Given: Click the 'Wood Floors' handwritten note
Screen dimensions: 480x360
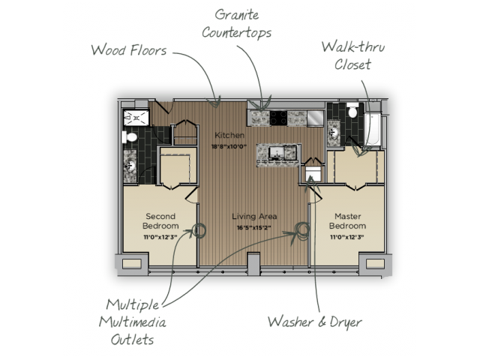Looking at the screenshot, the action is point(129,50).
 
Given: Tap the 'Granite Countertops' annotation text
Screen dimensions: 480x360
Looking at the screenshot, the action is point(237,24).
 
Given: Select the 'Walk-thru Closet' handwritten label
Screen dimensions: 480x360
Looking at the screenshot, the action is point(353,55).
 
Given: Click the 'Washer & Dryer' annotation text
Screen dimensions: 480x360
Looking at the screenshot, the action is point(315,322).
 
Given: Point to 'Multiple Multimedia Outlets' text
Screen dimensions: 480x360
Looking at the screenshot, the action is point(133,322).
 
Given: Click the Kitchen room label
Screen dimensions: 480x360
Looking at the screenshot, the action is point(229,135).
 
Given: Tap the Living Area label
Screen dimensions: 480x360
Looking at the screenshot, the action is point(254,217).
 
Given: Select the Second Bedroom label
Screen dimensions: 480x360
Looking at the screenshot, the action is point(160,221).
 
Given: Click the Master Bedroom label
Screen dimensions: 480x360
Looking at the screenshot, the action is point(347,221).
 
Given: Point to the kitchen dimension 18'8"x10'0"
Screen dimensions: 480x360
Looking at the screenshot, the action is point(229,147).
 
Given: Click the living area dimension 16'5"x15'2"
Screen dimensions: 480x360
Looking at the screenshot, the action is point(254,228).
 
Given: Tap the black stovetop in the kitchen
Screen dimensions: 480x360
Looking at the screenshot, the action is point(278,118).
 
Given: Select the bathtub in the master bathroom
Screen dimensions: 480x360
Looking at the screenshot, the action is point(372,130).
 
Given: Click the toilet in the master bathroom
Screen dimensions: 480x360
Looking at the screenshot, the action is point(352,110).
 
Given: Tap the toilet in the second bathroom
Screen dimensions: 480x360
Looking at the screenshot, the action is point(130,136).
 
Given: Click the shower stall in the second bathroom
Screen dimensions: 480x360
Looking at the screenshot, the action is point(136,118).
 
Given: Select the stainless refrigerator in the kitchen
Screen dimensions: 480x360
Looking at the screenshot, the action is point(316,118).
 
